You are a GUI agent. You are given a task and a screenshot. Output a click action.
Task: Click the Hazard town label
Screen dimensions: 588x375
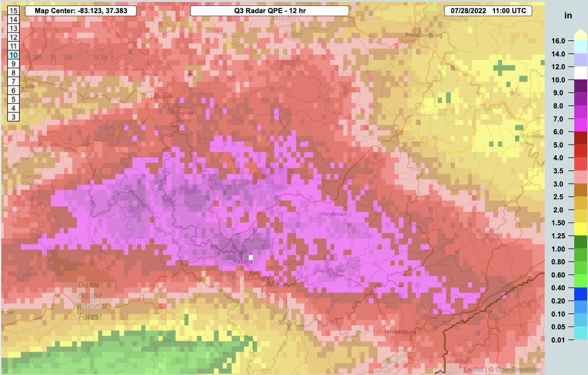click(242, 262)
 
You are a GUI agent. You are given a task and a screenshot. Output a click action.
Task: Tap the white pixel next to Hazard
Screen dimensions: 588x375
click(251, 257)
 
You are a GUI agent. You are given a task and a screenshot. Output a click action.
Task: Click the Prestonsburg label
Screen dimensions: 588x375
click(424, 35)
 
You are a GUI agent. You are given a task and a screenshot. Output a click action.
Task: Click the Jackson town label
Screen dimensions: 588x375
click(162, 97)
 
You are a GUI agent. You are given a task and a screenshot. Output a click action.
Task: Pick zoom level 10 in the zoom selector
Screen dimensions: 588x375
click(14, 54)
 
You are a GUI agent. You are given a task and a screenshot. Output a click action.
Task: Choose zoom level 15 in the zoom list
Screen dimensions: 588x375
click(14, 10)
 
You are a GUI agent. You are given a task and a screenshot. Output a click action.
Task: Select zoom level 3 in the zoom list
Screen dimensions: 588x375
click(14, 116)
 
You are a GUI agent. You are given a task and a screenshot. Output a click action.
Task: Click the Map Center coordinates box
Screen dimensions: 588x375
click(80, 10)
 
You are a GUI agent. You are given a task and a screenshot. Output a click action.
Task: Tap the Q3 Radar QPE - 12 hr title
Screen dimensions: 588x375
click(269, 10)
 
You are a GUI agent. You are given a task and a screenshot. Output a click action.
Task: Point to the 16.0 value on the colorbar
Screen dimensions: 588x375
click(559, 41)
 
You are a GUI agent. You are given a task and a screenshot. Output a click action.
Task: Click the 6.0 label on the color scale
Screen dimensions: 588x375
click(559, 132)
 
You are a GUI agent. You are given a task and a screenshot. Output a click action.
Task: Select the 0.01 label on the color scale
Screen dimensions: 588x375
click(559, 340)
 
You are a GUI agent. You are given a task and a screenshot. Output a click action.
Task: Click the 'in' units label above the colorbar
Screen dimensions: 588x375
click(568, 15)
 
